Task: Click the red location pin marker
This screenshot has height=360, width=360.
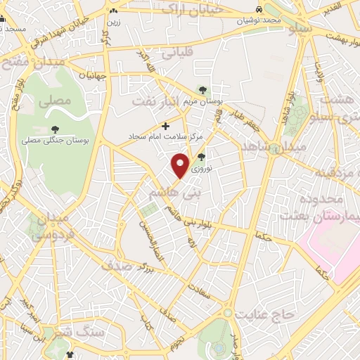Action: point(181,165)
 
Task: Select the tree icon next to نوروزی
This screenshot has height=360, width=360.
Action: point(202,157)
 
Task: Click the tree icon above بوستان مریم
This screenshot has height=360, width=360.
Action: point(202,90)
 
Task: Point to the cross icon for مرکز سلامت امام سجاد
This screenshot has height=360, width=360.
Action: point(166,127)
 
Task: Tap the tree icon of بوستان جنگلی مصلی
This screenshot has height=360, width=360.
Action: point(55,129)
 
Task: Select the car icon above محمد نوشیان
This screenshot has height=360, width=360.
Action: point(259,11)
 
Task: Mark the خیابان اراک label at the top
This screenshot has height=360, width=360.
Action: point(192,9)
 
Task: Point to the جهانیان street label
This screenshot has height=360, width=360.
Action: point(93,75)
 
